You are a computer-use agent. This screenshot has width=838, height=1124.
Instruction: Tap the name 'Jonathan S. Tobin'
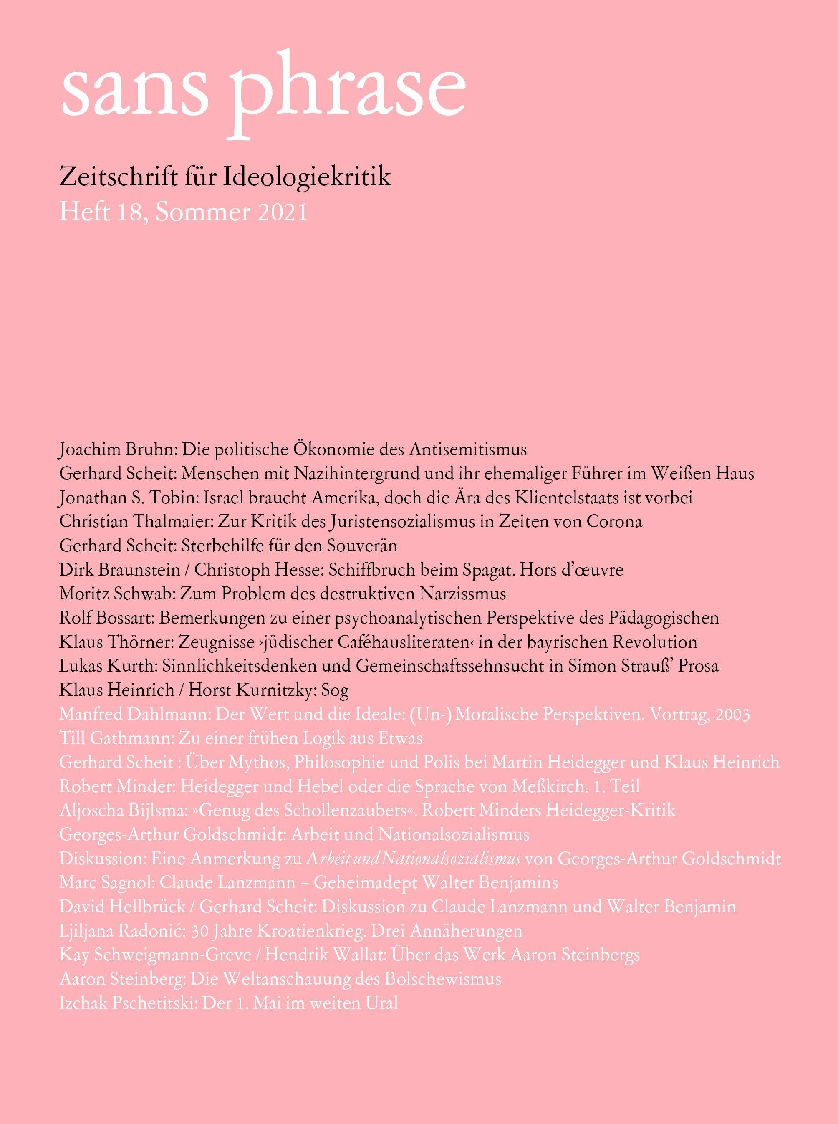pos(128,497)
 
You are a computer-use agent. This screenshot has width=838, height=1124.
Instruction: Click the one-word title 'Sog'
pos(335,690)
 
